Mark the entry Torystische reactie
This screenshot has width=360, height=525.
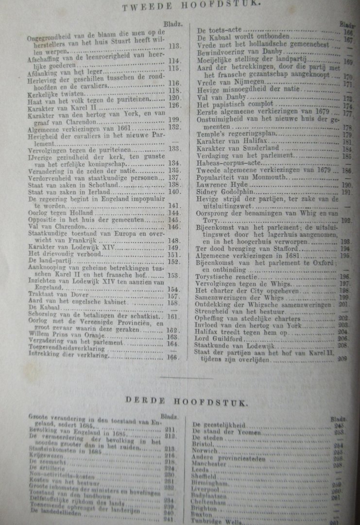tap(224, 276)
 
